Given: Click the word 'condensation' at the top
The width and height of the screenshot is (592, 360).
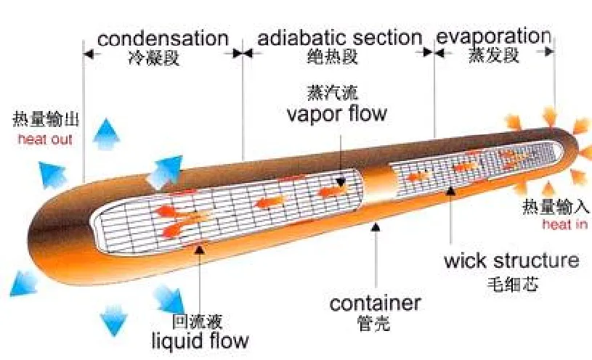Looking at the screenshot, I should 163,37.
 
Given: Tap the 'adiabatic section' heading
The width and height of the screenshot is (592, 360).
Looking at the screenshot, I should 340,37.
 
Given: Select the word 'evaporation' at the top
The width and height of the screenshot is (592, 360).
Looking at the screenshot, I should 493,36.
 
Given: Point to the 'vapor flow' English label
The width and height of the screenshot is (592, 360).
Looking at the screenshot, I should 336,114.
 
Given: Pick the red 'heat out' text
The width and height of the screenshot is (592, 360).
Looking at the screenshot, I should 45,139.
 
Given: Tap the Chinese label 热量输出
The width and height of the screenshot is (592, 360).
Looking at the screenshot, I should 45,119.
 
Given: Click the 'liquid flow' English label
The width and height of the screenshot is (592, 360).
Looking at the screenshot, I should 200,340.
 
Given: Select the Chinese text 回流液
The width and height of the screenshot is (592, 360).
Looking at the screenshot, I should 196,320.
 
